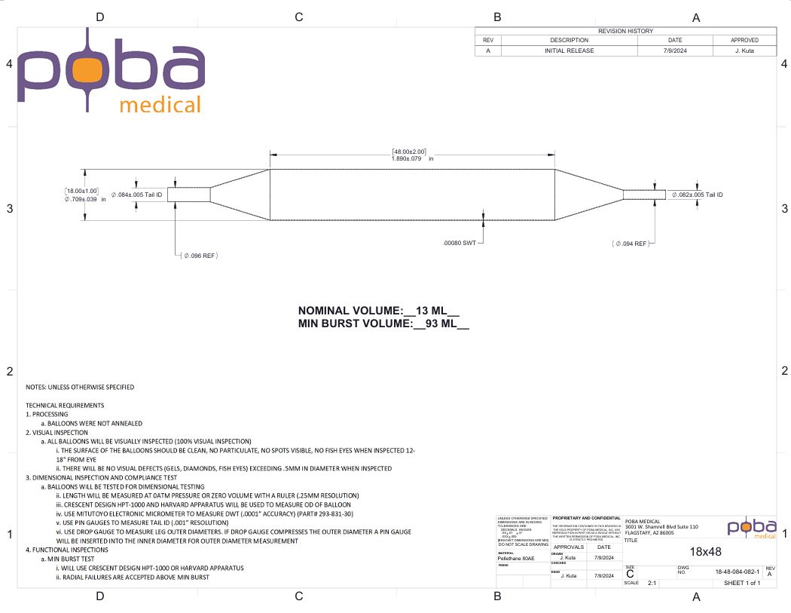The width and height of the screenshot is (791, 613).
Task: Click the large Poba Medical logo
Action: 111,72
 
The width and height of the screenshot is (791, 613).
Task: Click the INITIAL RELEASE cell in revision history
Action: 569,51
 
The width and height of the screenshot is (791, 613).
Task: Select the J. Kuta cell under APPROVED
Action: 744,51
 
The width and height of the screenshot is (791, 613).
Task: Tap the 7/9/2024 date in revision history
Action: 675,51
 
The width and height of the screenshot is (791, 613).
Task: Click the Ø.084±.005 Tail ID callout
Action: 136,195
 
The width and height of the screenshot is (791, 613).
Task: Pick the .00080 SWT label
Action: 459,244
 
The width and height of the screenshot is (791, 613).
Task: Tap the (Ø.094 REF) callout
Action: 630,244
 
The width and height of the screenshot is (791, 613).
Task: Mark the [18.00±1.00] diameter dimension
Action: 81,191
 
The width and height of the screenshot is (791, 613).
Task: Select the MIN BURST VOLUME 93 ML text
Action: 383,324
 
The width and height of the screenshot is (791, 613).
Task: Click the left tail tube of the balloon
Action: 188,195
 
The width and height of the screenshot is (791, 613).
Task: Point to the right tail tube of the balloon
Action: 644,195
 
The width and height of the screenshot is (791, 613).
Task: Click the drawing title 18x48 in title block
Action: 705,551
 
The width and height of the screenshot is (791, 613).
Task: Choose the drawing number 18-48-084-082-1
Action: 738,572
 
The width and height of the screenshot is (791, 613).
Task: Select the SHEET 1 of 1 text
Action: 741,583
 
